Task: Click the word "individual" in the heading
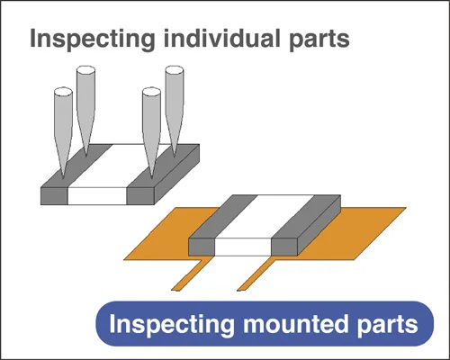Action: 222,38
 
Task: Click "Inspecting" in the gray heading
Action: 93,39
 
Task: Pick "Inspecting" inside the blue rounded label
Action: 172,325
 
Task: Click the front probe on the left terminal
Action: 63,132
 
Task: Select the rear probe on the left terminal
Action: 85,111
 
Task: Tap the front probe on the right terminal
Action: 151,132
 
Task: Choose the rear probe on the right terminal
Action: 175,111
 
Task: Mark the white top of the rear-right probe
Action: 175,71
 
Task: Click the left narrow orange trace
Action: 189,274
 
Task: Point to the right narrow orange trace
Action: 256,274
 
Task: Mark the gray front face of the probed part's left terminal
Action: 54,196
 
